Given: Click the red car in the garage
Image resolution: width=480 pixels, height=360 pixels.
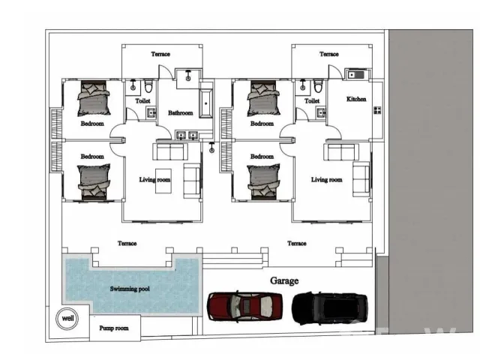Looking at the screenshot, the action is pos(245,307).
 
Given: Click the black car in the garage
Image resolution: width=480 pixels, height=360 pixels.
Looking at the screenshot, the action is pos(330,308).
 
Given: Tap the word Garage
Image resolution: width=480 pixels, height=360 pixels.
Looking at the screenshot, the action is pos(284,280).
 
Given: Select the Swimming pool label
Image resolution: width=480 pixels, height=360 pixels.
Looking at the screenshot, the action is pos(130,289).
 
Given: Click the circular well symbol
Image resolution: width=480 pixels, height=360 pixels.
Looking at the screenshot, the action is pos(67,318).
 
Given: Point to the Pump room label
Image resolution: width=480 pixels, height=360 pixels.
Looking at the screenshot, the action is pos(114,328).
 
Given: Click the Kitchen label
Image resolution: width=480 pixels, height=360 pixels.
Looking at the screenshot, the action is pos(356,99).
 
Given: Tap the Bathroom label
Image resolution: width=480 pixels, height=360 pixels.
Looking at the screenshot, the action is pos(181,113).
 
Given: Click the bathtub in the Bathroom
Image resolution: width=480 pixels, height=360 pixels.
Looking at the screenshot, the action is pos(206,103).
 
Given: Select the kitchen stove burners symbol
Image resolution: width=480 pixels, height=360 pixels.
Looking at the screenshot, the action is pos(377,110).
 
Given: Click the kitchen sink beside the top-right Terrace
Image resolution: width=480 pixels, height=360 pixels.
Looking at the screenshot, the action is pos(355,75).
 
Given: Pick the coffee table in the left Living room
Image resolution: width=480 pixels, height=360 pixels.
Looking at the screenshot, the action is pos(163,181).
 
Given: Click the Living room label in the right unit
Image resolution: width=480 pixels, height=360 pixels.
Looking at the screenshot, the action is pos(327,180).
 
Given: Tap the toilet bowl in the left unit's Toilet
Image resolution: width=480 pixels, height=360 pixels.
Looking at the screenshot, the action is pos(148,86).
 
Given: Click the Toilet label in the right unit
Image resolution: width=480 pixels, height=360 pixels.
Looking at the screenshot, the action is pos(312,100).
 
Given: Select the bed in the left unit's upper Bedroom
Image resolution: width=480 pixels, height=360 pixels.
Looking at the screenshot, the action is pos(94,98).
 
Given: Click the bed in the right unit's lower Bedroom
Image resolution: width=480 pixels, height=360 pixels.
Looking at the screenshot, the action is pos(263,181).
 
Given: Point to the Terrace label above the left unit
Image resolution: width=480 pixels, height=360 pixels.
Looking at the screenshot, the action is pos(160,54).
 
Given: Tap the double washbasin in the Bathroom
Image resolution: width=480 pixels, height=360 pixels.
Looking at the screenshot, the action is pos(187,135).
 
